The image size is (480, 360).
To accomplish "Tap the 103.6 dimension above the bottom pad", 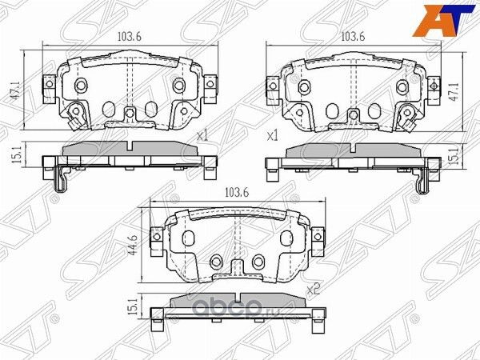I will [237, 192].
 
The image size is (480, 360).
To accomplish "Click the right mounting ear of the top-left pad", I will [211, 83].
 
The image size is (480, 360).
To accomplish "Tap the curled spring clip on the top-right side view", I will [418, 183].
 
